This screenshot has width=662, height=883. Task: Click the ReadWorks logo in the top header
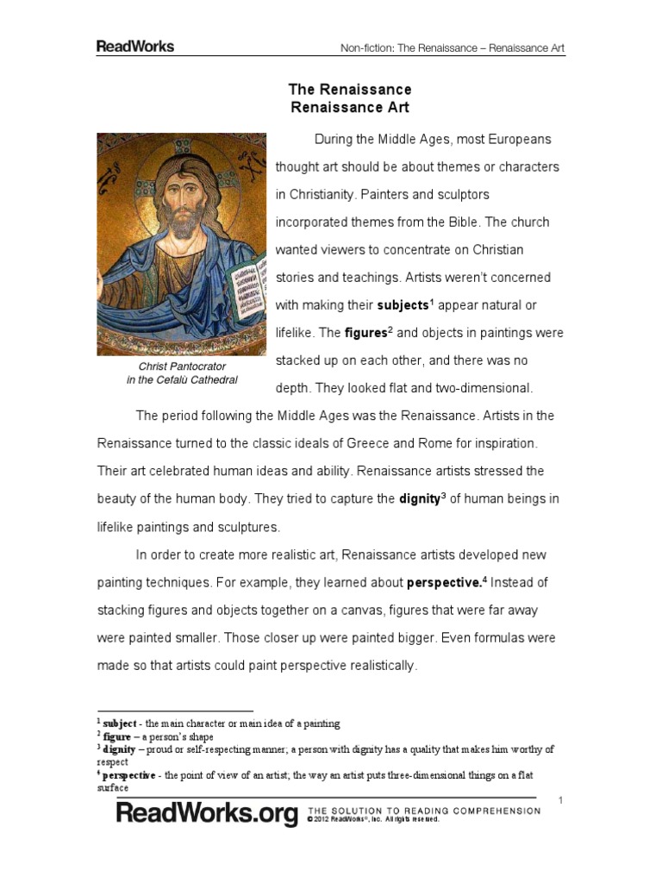[x=134, y=47]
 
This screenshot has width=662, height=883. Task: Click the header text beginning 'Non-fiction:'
[x=453, y=48]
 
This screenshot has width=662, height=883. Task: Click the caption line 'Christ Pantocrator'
[x=181, y=366]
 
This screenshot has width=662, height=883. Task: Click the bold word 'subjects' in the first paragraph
[x=402, y=305]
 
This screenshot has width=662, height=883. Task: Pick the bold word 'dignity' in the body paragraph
[x=419, y=498]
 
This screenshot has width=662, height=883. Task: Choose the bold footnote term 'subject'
[x=120, y=723]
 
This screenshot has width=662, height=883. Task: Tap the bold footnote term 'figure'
[x=117, y=736]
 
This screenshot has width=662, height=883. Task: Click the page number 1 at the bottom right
[x=560, y=801]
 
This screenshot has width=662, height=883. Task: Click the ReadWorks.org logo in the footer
[x=207, y=814]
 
